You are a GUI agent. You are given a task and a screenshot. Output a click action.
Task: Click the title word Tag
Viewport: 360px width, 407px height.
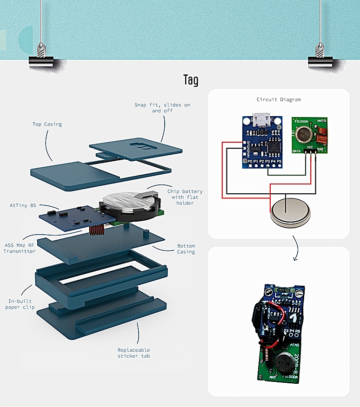coord(191,80)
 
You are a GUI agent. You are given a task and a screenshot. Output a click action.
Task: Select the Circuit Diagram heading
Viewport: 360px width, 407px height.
coord(279,99)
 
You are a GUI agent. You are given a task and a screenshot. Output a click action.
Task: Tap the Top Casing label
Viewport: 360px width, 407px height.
coord(47,124)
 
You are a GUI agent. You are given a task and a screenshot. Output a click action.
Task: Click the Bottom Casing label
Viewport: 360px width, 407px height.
coord(186,249)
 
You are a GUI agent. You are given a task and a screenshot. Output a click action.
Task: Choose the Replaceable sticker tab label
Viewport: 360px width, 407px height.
coord(134,353)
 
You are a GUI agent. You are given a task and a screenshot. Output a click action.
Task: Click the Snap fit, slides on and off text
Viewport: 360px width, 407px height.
coord(162,108)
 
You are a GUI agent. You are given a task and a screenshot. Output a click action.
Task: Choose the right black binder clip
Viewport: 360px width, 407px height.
coord(320,60)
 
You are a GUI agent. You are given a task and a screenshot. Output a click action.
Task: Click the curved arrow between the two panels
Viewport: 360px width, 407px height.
coord(296,249)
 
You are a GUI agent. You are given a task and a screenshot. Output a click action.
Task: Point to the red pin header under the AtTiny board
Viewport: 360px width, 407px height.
coord(96,229)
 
